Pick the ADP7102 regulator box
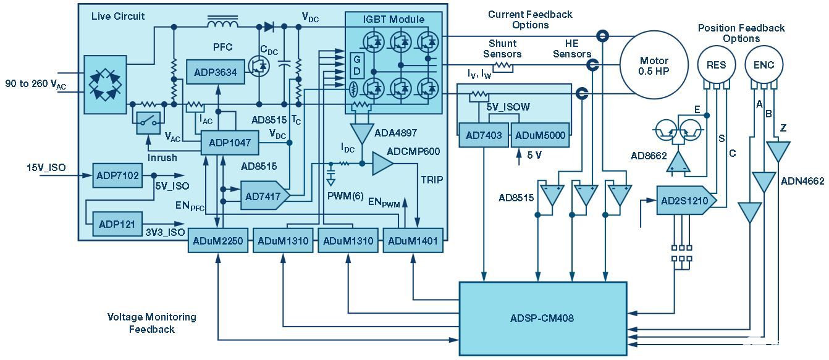[117, 175]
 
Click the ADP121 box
[116, 224]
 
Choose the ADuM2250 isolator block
[219, 241]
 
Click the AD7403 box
[484, 135]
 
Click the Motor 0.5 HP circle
[654, 65]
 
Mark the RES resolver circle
[717, 65]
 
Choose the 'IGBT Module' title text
[393, 19]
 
